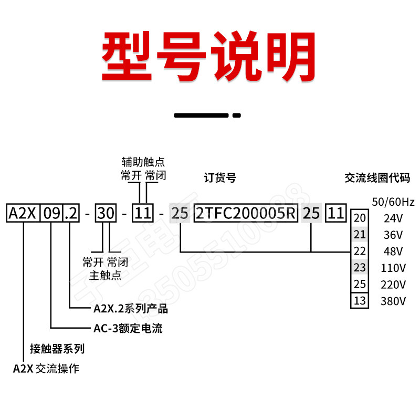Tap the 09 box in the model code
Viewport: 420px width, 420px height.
pyautogui.click(x=51, y=214)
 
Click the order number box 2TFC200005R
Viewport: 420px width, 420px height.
pyautogui.click(x=246, y=214)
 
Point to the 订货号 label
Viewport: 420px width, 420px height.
pyautogui.click(x=219, y=178)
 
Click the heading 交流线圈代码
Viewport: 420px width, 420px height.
pyautogui.click(x=377, y=178)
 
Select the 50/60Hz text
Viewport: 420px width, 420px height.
pyautogui.click(x=393, y=202)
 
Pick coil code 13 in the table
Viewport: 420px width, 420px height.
pyautogui.click(x=360, y=301)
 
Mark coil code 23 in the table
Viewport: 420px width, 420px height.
pyautogui.click(x=360, y=268)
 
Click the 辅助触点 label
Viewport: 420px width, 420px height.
pyautogui.click(x=143, y=161)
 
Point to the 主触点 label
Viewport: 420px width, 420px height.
pyautogui.click(x=105, y=274)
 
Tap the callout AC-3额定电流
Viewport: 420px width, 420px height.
pyautogui.click(x=128, y=329)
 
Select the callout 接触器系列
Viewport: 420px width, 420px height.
pyautogui.click(x=57, y=349)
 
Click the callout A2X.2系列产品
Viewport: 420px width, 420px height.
pyautogui.click(x=130, y=309)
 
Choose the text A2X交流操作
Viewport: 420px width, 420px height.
pyautogui.click(x=46, y=369)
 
